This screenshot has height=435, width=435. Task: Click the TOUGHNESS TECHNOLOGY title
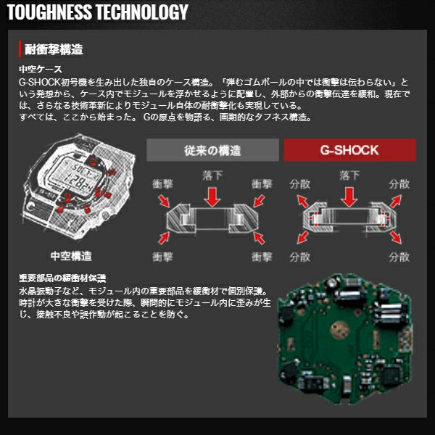click(x=98, y=12)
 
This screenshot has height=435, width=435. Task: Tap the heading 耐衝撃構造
click(x=54, y=49)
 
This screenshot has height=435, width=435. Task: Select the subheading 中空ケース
click(x=41, y=69)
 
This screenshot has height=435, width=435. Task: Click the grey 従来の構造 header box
click(x=212, y=150)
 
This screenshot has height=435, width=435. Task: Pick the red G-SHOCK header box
click(x=349, y=150)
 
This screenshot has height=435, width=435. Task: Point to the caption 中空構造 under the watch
click(x=71, y=256)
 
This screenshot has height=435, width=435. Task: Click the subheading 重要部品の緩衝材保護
click(x=62, y=278)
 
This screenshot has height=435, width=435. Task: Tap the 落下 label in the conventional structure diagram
click(x=212, y=175)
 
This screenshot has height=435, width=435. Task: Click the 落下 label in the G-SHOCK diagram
click(x=349, y=175)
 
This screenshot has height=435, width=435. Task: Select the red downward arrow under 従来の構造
click(x=212, y=197)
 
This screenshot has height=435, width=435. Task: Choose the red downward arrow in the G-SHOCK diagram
click(x=349, y=197)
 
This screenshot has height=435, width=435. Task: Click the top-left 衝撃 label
click(x=162, y=184)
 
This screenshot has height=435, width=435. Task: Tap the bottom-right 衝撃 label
click(x=262, y=257)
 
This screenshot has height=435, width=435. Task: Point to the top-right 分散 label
click(x=399, y=184)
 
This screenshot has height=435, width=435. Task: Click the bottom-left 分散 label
click(x=300, y=257)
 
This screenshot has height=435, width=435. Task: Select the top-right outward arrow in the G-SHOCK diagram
click(x=396, y=201)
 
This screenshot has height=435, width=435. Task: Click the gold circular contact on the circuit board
click(x=339, y=330)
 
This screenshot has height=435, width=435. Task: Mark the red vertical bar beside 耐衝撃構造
click(x=20, y=49)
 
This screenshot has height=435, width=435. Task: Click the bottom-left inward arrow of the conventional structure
click(x=164, y=239)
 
